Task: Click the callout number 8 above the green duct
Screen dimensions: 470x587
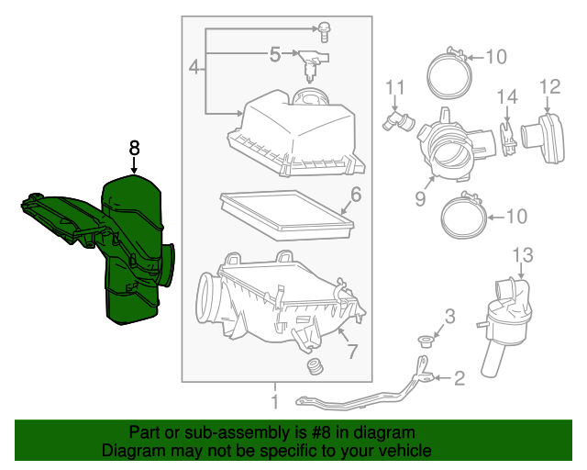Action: pyautogui.click(x=135, y=147)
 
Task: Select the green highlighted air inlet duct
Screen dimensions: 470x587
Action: pyautogui.click(x=133, y=248)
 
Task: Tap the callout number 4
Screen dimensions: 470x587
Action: pyautogui.click(x=194, y=66)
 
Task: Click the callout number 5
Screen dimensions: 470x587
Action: pyautogui.click(x=275, y=55)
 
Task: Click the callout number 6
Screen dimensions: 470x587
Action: pyautogui.click(x=355, y=195)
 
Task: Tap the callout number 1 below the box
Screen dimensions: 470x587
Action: pyautogui.click(x=273, y=401)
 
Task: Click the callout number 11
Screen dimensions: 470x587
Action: pyautogui.click(x=394, y=87)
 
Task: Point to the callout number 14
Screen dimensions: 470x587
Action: pyautogui.click(x=507, y=95)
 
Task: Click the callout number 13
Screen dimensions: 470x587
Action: pyautogui.click(x=522, y=253)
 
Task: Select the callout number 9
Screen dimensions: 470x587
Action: pyautogui.click(x=419, y=197)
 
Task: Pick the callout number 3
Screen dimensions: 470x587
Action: pyautogui.click(x=449, y=318)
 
